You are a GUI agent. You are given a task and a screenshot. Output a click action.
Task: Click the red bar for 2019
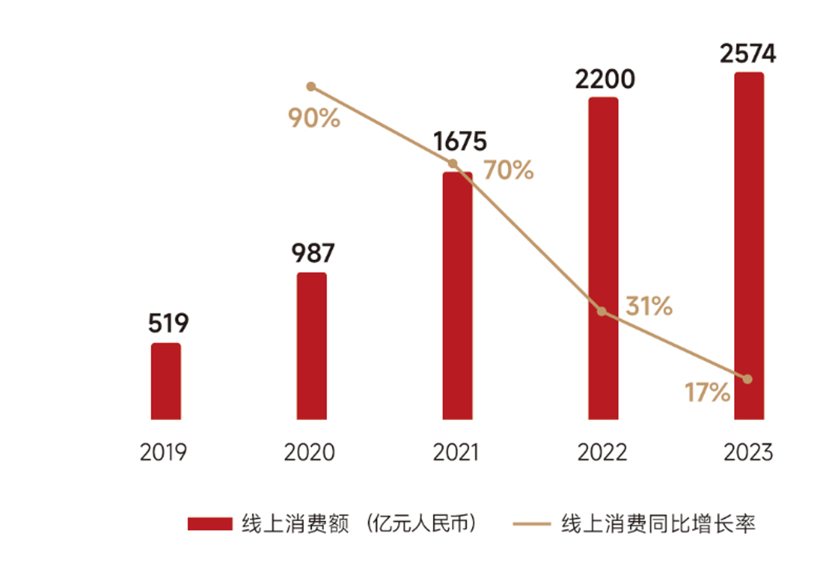pos(166,381)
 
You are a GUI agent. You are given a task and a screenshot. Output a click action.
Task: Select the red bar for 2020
pos(312,346)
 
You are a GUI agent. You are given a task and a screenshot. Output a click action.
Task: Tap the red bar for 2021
pos(457,295)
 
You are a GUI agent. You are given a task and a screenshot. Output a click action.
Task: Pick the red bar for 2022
pos(603,258)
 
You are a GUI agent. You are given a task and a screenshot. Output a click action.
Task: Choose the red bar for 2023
pos(749,246)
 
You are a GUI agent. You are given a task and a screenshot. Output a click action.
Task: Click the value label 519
pos(168,324)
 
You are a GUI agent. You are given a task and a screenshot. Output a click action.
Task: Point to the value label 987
pos(313,253)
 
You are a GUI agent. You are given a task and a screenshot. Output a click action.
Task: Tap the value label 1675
pos(460,142)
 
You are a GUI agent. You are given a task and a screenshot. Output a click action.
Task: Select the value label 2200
pos(604,79)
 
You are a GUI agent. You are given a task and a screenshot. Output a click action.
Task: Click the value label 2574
pos(748,54)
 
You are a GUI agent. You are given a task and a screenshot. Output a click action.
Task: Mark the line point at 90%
pos(311,87)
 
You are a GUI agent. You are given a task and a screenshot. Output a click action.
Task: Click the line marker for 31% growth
pos(601,312)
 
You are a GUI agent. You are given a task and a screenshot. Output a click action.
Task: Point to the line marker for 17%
pos(747,379)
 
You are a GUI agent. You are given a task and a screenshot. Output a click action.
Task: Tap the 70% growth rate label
pos(509,171)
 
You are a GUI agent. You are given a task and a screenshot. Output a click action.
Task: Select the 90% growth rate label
pos(314,118)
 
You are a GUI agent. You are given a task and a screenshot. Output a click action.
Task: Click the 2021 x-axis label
pos(456,452)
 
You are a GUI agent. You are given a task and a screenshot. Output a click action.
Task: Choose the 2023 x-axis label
pos(748,452)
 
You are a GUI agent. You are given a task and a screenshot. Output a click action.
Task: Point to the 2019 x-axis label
pos(163,452)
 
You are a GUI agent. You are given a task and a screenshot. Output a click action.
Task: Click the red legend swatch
pos(210,524)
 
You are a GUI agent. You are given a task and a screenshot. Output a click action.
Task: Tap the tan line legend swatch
pos(531,524)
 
